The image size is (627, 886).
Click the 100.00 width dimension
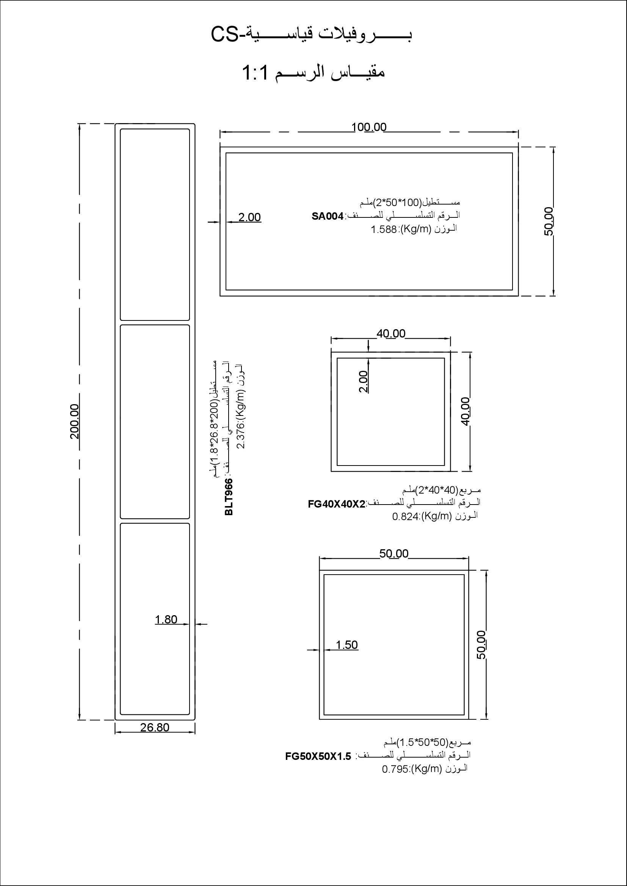click(369, 127)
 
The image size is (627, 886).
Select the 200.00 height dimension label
click(75, 421)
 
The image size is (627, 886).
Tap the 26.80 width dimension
click(155, 727)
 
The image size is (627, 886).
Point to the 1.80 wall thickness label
click(166, 620)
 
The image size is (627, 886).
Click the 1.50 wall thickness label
click(347, 645)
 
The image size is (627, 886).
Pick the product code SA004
click(328, 217)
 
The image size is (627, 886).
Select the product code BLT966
click(229, 497)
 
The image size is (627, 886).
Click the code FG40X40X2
click(337, 504)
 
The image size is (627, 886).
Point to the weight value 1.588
click(384, 230)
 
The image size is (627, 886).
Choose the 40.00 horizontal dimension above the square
click(391, 333)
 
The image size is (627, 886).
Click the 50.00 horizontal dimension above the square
click(394, 553)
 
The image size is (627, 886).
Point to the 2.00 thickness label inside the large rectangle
click(249, 217)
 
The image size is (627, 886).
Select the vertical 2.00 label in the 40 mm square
click(363, 382)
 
